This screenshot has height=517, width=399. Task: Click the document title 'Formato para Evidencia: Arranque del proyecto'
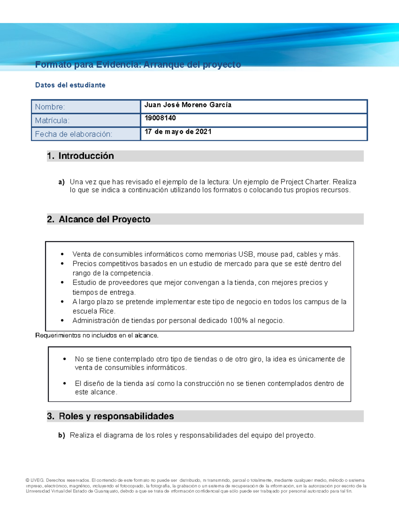tap(138, 65)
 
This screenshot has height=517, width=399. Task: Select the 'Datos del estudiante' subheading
tap(70, 85)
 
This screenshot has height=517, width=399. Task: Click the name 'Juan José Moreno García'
tap(188, 105)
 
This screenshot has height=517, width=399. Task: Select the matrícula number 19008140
tap(160, 118)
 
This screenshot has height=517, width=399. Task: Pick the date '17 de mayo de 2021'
tap(178, 132)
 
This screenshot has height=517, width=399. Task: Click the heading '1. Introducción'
tap(80, 156)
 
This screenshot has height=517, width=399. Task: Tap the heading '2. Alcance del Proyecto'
tap(99, 219)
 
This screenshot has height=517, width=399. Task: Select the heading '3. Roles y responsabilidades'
tap(110, 416)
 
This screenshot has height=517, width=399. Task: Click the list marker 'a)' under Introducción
tap(61, 182)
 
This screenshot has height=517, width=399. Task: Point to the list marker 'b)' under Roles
tap(61, 435)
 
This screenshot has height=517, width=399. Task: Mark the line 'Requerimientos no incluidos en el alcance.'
tap(97, 336)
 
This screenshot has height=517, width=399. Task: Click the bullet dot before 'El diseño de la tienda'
tap(65, 384)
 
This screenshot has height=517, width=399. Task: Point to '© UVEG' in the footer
tap(35, 480)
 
